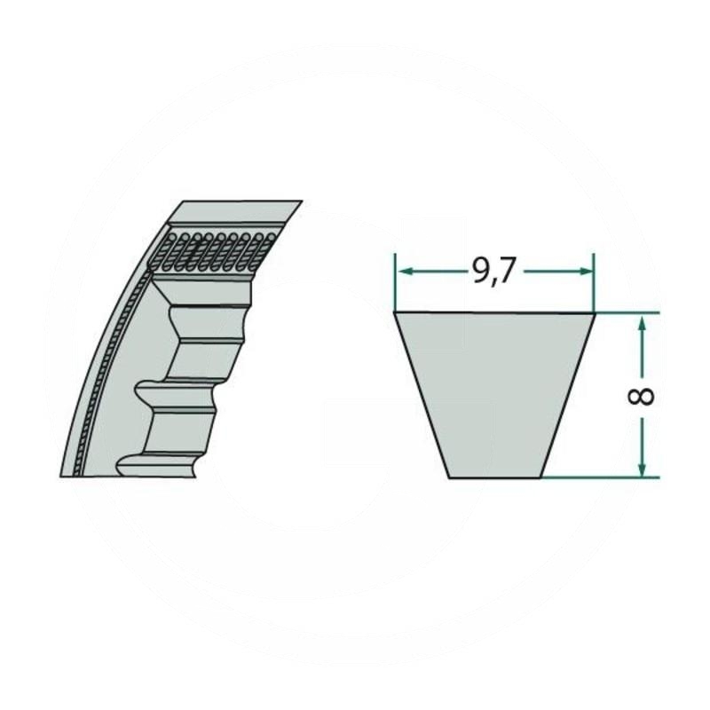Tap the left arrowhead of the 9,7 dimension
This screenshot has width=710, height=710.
pyautogui.click(x=402, y=272)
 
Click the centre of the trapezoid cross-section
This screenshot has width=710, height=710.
pyautogui.click(x=493, y=395)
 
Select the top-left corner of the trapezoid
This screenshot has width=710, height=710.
pyautogui.click(x=395, y=312)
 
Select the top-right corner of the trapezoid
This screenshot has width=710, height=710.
pyautogui.click(x=593, y=312)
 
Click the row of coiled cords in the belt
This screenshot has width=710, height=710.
pyautogui.click(x=213, y=250)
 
